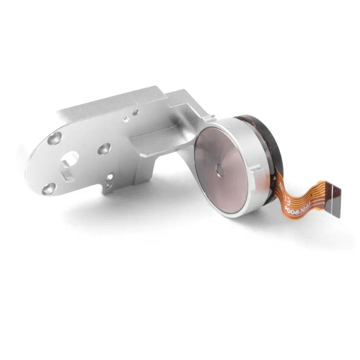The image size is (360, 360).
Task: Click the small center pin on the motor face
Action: (x=221, y=170)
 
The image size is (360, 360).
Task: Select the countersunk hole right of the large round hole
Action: (x=104, y=149)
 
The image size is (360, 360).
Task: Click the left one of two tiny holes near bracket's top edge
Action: (x=126, y=120)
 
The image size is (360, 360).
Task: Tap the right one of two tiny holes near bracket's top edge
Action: (x=135, y=112)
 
